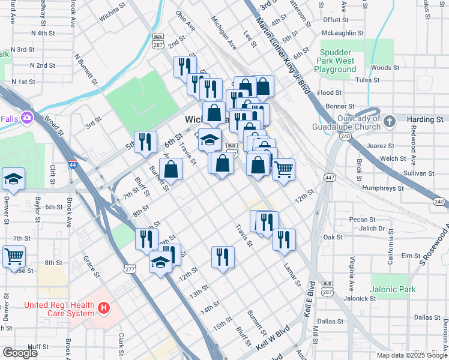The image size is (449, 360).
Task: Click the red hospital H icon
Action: point(104,308)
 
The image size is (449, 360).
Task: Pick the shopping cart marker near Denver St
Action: point(13,256)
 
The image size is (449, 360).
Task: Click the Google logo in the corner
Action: point(20,353)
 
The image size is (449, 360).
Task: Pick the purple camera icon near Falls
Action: point(27,118)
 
